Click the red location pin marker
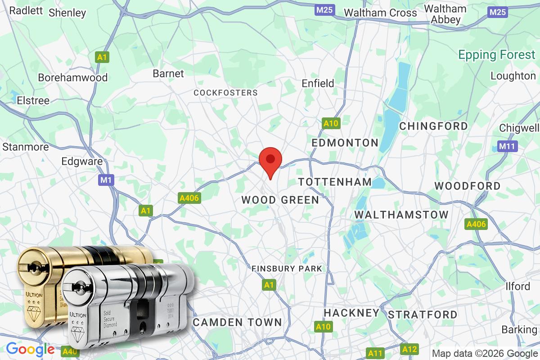pos(270,161)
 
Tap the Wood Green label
pos(280,200)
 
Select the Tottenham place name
pos(335,182)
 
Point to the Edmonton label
pos(345,143)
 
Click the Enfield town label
pos(318,83)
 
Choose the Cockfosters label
pos(225,93)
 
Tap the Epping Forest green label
pos(497,55)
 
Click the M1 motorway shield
pos(106,180)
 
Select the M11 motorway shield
pos(508,146)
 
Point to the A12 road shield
pos(409,349)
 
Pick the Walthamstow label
pos(401,215)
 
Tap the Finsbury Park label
pos(287,269)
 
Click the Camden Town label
pos(237,322)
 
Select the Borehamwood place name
pos(72,77)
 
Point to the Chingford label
pos(433,126)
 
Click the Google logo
pos(30,350)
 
